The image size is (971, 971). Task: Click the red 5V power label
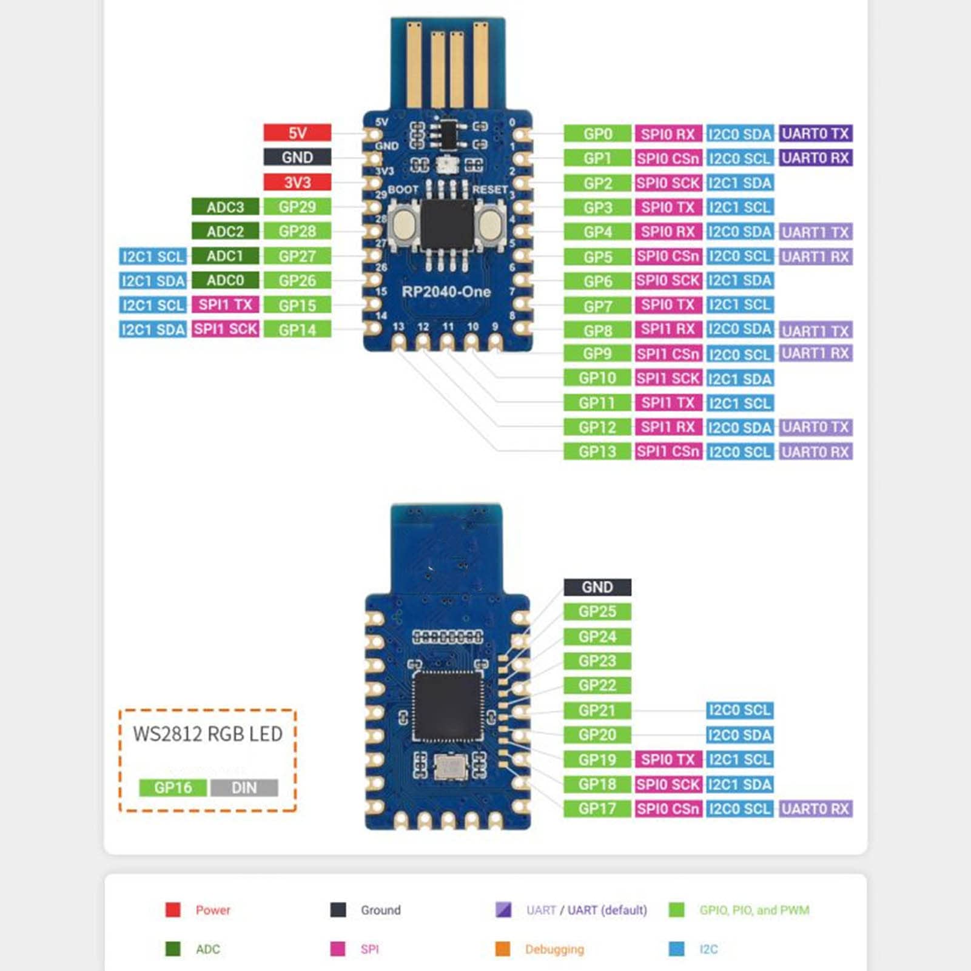297,133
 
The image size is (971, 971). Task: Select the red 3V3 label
297,182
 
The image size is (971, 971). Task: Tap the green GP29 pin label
297,207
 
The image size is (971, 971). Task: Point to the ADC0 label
225,280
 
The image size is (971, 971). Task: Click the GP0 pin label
597,134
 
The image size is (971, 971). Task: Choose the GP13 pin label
597,451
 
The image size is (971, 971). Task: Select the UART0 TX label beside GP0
815,133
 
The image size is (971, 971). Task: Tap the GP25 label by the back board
597,611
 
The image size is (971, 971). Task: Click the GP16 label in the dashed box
173,787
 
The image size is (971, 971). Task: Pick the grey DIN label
244,787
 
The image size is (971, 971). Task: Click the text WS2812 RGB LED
207,734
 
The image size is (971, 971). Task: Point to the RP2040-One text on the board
446,292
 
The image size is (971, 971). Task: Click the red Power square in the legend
173,909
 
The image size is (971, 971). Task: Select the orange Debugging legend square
502,949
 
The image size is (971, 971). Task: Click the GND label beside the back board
597,587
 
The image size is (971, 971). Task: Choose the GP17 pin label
597,808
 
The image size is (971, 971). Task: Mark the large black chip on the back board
448,707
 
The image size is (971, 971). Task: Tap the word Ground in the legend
380,910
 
